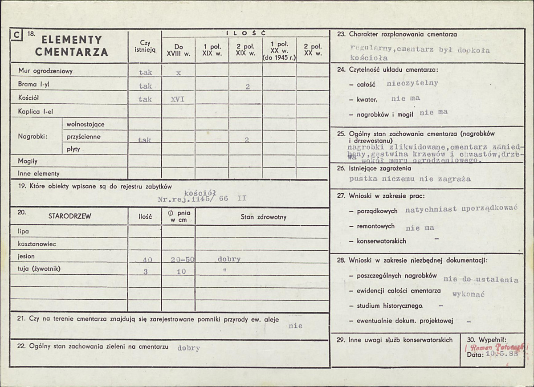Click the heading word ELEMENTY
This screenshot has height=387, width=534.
pos(69,40)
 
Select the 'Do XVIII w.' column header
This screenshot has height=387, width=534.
pos(178,50)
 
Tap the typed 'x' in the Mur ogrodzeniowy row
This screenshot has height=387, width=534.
pos(178,73)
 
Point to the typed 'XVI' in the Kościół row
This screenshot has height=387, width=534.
pos(177,99)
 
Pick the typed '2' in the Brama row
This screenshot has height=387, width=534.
pos(247,87)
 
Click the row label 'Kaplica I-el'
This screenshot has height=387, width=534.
pos(35,111)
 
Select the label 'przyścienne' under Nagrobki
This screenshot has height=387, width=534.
pos(83,137)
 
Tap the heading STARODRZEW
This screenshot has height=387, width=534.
pos(69,217)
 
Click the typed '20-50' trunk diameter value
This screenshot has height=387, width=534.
pos(182,260)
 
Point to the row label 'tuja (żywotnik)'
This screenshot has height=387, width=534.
pos(39,269)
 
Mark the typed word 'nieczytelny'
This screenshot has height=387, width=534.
pos(412,83)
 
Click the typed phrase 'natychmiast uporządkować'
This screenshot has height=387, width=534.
pos(455,209)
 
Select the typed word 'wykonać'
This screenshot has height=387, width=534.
pos(468,294)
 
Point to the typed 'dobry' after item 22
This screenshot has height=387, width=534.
pos(188,348)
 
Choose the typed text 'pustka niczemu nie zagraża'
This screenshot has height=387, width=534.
pos(410,179)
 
